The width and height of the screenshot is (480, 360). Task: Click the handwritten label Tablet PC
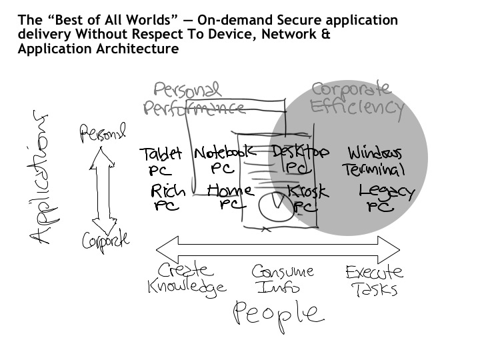tap(161, 162)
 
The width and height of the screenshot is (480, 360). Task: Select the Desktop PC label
tap(301, 159)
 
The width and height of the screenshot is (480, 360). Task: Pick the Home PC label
tap(229, 197)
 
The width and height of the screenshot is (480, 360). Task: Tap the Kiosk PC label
tap(307, 199)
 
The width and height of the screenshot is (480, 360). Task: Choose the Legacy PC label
tap(386, 199)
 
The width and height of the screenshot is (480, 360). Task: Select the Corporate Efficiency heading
tap(356, 98)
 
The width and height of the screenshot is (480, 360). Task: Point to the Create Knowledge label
tap(187, 279)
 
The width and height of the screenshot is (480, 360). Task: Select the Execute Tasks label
tap(373, 280)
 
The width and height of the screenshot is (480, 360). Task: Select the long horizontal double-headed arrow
tap(277, 253)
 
